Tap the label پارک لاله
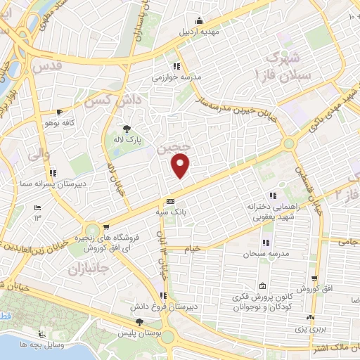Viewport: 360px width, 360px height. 129,141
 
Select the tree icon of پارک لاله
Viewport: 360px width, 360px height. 126,129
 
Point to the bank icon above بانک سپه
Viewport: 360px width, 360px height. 170,201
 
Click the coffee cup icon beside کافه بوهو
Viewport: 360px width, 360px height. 59,112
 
